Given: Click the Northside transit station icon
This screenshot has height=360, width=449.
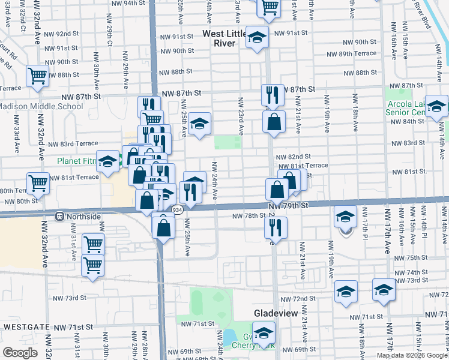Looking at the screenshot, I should pos(60,216).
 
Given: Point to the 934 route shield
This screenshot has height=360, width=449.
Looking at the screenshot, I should pos(177,209).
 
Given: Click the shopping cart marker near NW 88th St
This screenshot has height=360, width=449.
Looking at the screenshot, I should pos(38,76).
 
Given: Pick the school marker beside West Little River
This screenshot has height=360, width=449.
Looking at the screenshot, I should pos(257,39).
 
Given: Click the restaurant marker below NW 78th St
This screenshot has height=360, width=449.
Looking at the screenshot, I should pos(276,227).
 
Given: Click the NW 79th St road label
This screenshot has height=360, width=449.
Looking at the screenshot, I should pos(289,205).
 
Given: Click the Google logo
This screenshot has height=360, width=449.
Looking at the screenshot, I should pos(20,353).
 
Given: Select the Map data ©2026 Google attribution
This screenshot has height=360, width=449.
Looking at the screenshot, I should pos(411,355).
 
